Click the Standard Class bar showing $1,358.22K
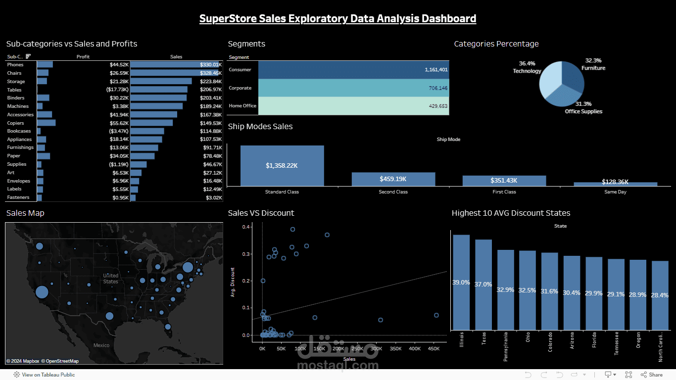click(x=282, y=166)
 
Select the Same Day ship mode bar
click(x=615, y=184)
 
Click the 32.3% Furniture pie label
click(x=593, y=64)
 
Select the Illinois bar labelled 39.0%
click(x=461, y=282)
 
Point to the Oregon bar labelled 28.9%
click(x=637, y=294)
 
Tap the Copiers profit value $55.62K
click(x=119, y=123)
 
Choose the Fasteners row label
click(x=18, y=197)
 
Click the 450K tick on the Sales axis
click(x=434, y=349)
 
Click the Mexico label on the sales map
click(x=101, y=345)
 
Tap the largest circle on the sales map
click(x=42, y=291)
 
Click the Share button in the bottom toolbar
click(x=652, y=375)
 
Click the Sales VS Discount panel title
click(x=261, y=213)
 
